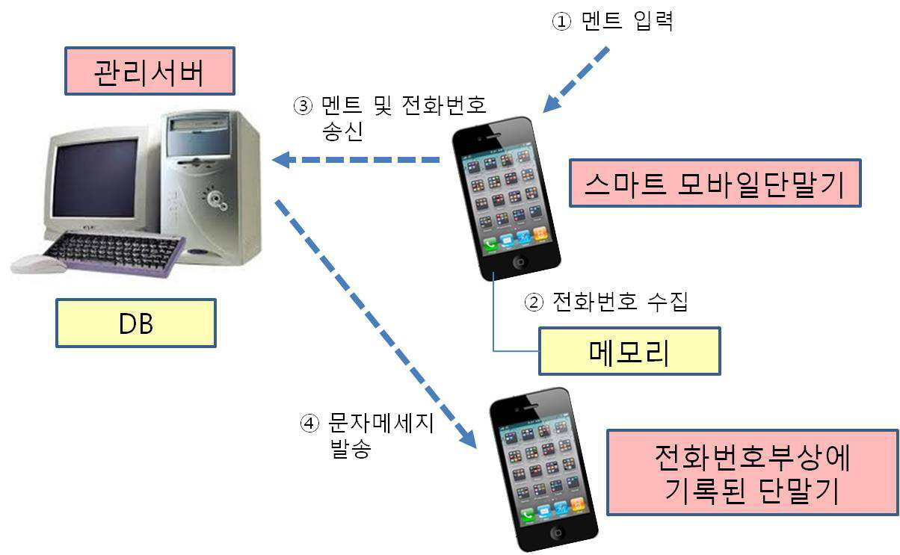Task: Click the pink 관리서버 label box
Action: [x=150, y=71]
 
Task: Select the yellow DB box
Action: [x=136, y=323]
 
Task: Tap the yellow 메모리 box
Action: [x=629, y=351]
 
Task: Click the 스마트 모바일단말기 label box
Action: [x=715, y=183]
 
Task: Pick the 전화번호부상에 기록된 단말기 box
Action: [x=753, y=472]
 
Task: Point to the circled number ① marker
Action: [x=561, y=21]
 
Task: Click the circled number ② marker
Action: [x=534, y=302]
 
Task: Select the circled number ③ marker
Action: [x=303, y=106]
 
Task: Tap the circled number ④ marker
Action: [x=309, y=423]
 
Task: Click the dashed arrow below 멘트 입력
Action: [x=576, y=80]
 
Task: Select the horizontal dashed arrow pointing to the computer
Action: [x=356, y=160]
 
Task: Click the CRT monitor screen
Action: [x=95, y=178]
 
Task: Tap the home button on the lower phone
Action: [x=557, y=533]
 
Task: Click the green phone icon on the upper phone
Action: [x=490, y=244]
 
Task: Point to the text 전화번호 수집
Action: [x=620, y=302]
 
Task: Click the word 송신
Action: [x=342, y=131]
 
